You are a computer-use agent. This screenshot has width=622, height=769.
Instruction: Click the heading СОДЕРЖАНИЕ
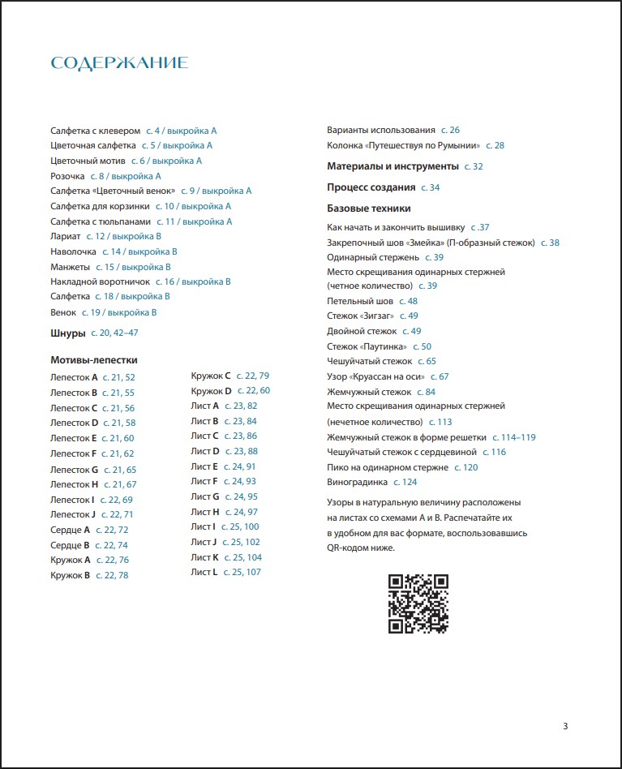tap(119, 63)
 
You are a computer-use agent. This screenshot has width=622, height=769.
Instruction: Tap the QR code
tap(418, 603)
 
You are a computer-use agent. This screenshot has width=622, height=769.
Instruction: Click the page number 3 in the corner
tap(565, 726)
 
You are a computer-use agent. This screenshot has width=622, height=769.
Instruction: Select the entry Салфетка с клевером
tap(96, 130)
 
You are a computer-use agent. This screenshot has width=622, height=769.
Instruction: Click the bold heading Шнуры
tap(68, 333)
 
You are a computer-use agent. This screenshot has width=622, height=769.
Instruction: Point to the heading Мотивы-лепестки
tap(94, 359)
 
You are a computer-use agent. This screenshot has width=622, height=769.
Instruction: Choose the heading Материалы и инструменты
tap(393, 166)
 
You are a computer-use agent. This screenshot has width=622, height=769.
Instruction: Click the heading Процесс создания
tap(371, 187)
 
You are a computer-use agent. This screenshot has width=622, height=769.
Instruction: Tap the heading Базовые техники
tap(369, 208)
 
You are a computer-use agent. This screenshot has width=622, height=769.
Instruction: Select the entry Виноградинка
tap(357, 482)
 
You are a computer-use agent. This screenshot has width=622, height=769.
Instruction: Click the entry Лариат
tap(66, 236)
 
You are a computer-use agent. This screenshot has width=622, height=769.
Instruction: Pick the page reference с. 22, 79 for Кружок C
tap(252, 376)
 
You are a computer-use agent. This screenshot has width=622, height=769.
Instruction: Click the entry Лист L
tap(204, 572)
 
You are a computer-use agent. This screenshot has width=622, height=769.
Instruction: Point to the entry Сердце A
tap(70, 530)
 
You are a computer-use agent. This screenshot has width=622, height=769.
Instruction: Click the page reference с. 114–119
tap(517, 437)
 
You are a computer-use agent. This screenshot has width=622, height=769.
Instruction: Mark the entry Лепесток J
tap(73, 514)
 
